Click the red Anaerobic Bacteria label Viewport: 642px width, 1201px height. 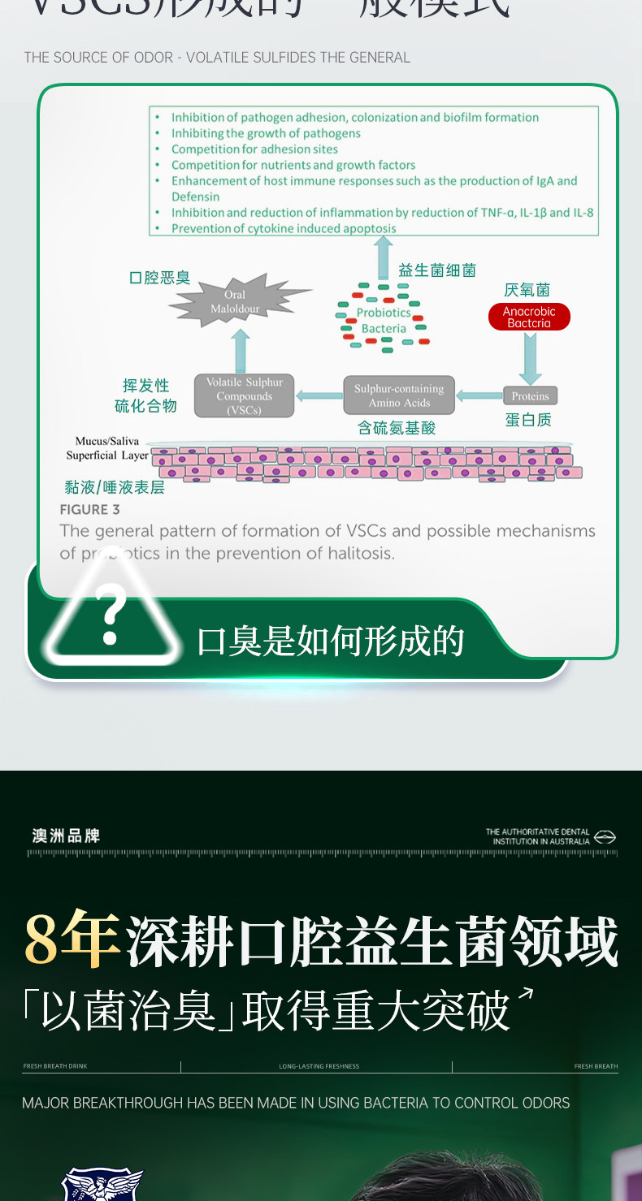point(529,318)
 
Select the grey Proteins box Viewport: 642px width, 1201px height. point(530,396)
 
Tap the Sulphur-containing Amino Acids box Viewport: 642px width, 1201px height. point(399,395)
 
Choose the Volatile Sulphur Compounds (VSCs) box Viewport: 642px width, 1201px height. point(244,395)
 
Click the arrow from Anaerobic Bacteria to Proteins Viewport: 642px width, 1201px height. point(530,358)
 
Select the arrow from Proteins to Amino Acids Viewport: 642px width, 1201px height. point(479,396)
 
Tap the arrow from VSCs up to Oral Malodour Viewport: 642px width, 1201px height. point(241,351)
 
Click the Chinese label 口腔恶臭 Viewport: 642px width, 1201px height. point(159,278)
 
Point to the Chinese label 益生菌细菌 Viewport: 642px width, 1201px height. point(436,270)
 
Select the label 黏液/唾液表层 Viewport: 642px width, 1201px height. point(115,487)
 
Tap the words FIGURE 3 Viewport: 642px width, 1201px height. point(89,510)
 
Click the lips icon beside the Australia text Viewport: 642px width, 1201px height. point(605,836)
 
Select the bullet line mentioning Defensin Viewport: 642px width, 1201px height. point(374,188)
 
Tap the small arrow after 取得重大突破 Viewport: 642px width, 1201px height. point(527,995)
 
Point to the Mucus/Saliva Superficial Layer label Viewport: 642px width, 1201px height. point(107,448)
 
